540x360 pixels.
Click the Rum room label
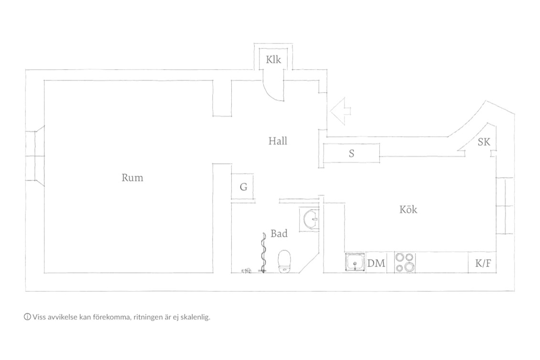coord(132,178)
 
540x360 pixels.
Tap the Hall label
coord(278,141)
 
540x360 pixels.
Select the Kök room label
coord(408,209)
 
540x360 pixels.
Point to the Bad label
coord(279,234)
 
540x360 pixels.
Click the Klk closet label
coord(273,60)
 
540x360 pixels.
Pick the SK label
coord(484,142)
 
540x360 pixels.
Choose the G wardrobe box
coord(243,187)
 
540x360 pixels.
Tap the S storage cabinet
coord(351,153)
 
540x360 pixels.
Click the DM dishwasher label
coord(376,263)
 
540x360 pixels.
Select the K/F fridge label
coord(483,263)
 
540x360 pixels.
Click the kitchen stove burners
coord(405,262)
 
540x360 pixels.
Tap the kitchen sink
coord(355,262)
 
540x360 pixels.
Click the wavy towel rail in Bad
coord(264,252)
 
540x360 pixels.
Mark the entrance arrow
coord(341,111)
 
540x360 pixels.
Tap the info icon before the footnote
coord(27,317)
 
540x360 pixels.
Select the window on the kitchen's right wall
coord(505,206)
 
